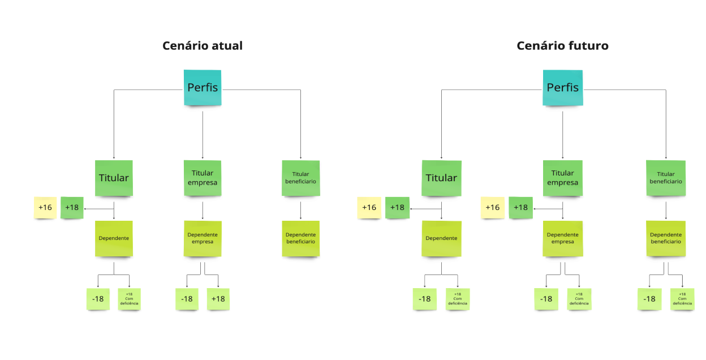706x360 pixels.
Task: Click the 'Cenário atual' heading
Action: coord(203,46)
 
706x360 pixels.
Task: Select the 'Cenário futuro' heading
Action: coord(562,46)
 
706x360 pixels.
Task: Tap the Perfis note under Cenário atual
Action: coord(203,88)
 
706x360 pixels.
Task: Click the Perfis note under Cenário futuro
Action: coord(562,88)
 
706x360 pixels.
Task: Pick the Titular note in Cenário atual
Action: coord(114,178)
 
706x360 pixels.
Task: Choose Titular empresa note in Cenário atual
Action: coord(203,178)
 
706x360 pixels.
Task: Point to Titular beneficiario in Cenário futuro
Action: coord(666,178)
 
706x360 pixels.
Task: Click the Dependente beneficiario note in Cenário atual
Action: coord(300,238)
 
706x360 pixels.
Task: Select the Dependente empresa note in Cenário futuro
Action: coord(562,238)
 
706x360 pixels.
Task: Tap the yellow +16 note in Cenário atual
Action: coord(45,208)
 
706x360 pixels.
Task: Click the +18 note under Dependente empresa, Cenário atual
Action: coord(218,299)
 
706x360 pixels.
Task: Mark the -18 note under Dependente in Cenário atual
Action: coord(98,299)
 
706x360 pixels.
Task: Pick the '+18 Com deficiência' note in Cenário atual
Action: coord(129,299)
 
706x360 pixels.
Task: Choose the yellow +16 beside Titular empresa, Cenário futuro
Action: coord(492,208)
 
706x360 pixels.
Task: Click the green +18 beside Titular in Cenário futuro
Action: coord(397,208)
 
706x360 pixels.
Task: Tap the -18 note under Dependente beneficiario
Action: coord(649,299)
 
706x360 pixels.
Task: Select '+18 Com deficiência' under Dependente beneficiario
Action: coord(682,299)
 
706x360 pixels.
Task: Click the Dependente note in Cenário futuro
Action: coord(441,238)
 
